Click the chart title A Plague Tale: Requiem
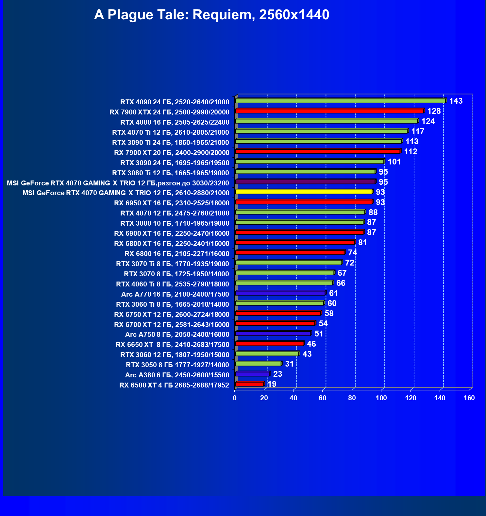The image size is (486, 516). (211, 15)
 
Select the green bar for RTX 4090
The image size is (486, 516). (340, 101)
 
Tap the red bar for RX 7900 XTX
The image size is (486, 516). (329, 111)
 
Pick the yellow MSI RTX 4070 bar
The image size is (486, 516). (304, 192)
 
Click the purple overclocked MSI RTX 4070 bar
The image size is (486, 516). (305, 182)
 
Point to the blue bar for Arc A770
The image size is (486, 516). (280, 293)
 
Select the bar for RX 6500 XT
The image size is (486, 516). (249, 384)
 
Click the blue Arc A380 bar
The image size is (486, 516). (252, 374)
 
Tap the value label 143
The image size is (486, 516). (456, 101)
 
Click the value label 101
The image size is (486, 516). (394, 162)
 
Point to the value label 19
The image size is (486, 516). (272, 384)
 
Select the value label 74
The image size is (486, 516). (352, 253)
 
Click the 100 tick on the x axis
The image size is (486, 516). (381, 398)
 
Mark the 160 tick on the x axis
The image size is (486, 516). (469, 398)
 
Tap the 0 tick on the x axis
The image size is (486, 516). (235, 398)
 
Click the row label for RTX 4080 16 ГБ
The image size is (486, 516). (175, 122)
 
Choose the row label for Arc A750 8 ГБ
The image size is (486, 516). (177, 335)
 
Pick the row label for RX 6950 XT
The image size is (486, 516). (172, 203)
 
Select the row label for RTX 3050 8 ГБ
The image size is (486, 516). (177, 365)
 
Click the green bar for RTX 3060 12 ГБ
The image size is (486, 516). (267, 354)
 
